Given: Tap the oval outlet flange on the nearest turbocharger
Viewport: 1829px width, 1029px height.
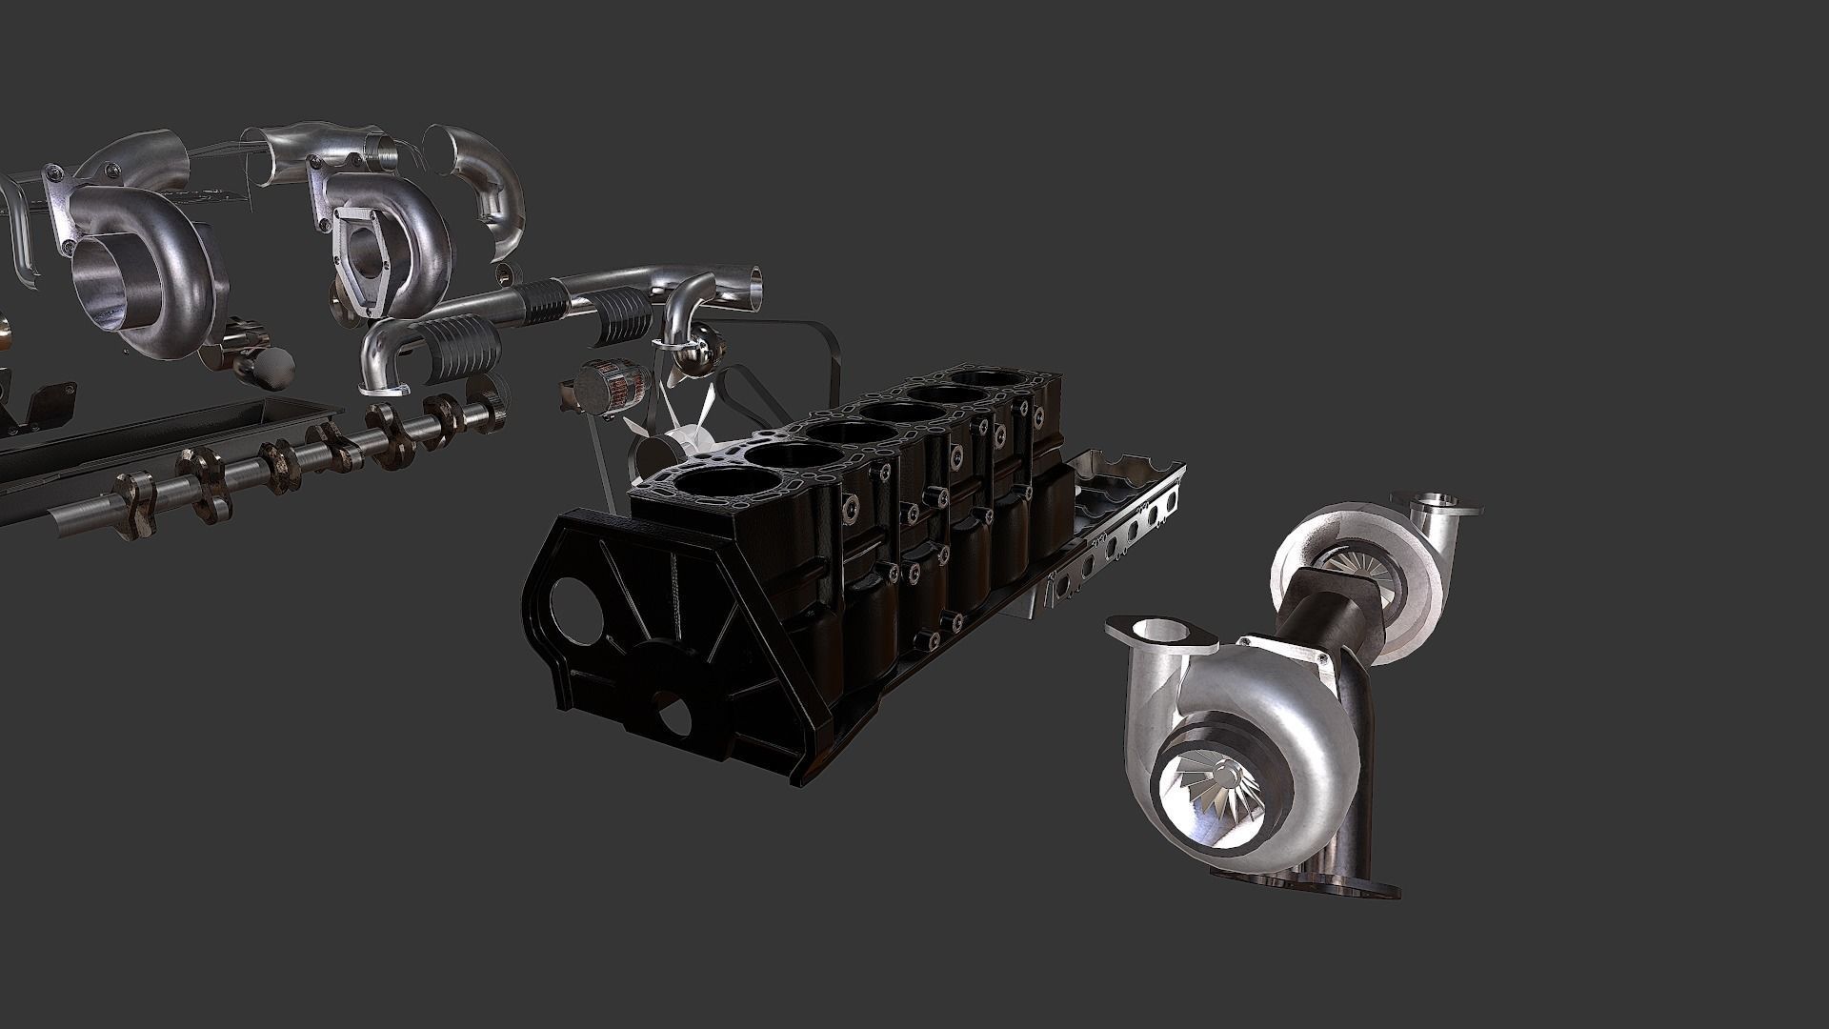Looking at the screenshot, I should tap(1161, 633).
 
